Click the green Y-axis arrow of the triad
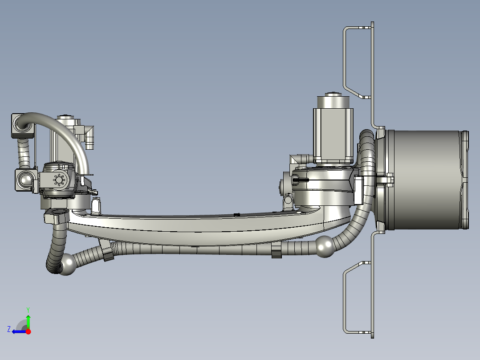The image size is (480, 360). [x=28, y=321]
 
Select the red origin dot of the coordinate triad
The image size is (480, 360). [x=28, y=331]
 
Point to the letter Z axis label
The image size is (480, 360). [x=9, y=329]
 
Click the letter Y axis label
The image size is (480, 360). [x=28, y=309]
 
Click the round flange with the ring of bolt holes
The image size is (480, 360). [x=59, y=180]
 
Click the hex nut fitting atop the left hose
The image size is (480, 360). [x=57, y=216]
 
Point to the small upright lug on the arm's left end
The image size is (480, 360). [x=96, y=205]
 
